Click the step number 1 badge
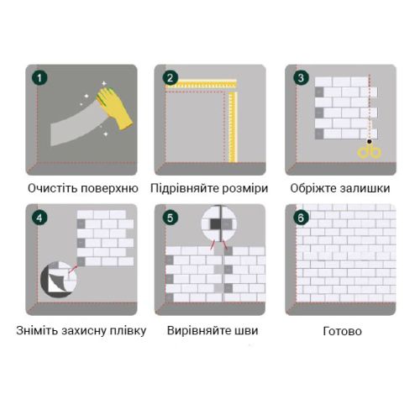click(39, 77)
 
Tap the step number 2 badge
click(171, 77)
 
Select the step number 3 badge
click(301, 77)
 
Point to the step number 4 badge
click(39, 218)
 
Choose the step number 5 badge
click(171, 218)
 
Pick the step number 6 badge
click(301, 218)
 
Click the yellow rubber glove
click(114, 108)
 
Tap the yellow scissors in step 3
click(370, 150)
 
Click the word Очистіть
click(53, 188)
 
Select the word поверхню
click(109, 189)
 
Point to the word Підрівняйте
click(185, 188)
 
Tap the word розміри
click(245, 189)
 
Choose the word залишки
click(362, 188)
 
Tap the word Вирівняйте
click(197, 331)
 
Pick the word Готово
click(342, 331)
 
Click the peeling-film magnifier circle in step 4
click(59, 279)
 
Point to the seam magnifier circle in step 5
click(219, 223)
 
